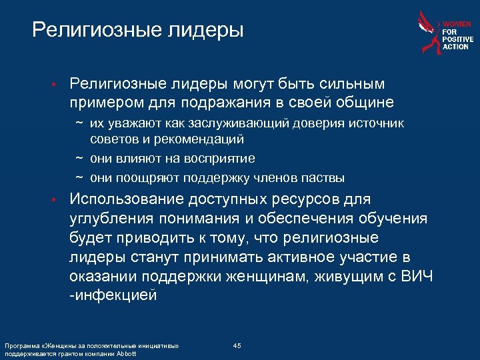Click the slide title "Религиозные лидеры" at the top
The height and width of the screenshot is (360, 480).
[137, 30]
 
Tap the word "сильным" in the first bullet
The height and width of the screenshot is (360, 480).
[353, 84]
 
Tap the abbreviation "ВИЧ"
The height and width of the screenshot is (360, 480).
[418, 276]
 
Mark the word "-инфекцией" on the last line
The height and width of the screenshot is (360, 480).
[113, 295]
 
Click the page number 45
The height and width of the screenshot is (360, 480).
[237, 345]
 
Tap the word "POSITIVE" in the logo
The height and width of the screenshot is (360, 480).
[458, 39]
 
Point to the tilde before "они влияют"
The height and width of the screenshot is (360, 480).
[79, 159]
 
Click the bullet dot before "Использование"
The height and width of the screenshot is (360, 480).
[59, 200]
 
